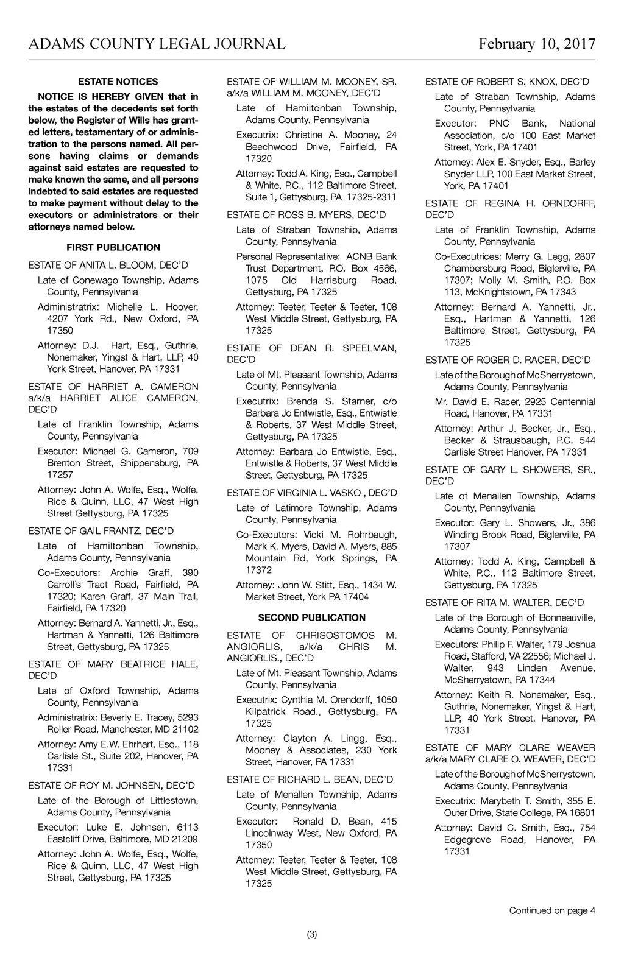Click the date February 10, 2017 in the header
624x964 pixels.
click(x=536, y=44)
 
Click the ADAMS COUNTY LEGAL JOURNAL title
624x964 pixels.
click(x=157, y=44)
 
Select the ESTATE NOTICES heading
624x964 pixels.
click(x=118, y=82)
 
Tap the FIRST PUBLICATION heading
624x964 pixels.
click(x=113, y=247)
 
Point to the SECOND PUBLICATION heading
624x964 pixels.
click(x=312, y=617)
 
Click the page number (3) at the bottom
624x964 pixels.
click(x=312, y=935)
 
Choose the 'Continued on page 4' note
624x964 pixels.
click(x=552, y=910)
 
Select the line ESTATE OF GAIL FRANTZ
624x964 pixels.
click(x=101, y=531)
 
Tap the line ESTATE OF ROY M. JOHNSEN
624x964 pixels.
click(x=112, y=786)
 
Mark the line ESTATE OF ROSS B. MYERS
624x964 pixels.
click(x=307, y=215)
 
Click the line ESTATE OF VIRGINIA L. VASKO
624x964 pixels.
click(x=312, y=493)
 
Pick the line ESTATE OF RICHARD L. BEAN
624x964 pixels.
click(x=310, y=779)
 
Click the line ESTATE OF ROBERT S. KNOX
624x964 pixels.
click(x=507, y=82)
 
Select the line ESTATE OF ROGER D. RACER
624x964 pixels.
click(x=508, y=360)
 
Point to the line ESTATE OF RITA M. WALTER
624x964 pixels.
click(x=505, y=603)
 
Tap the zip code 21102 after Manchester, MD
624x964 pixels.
click(x=185, y=729)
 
